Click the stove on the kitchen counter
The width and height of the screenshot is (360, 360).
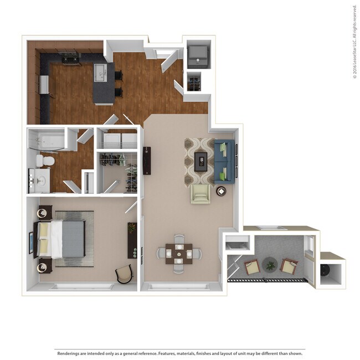coord(70,56)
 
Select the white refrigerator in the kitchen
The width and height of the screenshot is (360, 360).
coord(44,86)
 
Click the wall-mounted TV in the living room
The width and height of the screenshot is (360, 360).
coord(147,161)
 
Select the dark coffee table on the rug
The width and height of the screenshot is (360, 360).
coord(200,161)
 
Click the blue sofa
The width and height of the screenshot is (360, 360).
coord(224,162)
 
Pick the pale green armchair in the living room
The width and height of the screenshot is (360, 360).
coord(200,194)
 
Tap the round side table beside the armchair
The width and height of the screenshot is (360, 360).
coord(221,191)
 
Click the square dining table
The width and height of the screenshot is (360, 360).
coord(179,253)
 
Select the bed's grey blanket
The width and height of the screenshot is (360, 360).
coord(73,239)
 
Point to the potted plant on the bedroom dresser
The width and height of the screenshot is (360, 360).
coord(132,228)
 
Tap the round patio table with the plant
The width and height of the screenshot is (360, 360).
coord(270,265)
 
